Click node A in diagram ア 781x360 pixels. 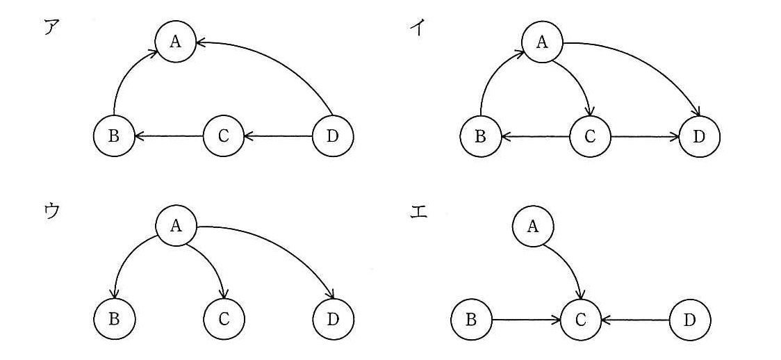click(174, 42)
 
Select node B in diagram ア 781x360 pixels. click(114, 136)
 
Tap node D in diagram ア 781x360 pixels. click(333, 136)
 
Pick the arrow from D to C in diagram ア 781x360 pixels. click(278, 136)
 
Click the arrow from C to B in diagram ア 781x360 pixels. click(169, 136)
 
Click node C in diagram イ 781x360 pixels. click(590, 136)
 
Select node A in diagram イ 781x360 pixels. click(542, 42)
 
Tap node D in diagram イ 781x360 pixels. click(699, 136)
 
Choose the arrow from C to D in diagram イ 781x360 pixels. click(645, 136)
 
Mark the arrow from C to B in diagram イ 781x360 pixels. click(535, 136)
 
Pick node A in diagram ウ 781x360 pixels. click(175, 226)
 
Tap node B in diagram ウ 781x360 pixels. click(114, 319)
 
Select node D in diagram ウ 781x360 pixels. click(333, 319)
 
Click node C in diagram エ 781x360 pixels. click(581, 319)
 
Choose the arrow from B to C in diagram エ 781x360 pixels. click(526, 319)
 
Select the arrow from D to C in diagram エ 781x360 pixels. click(636, 319)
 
